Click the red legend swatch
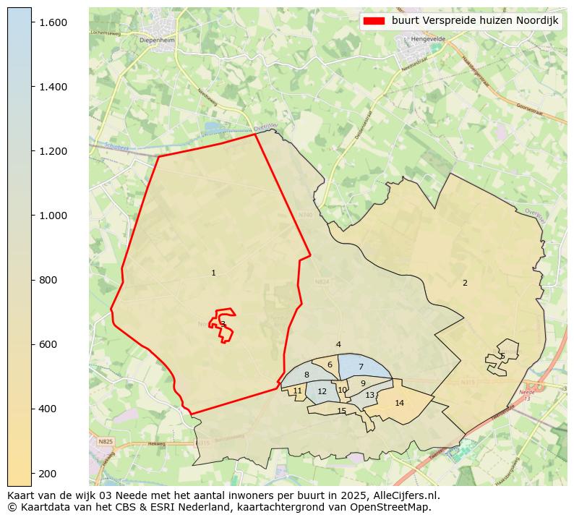[374, 21]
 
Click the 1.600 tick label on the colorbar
[53, 22]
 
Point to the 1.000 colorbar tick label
[53, 216]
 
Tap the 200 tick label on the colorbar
[48, 473]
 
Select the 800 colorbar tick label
[48, 280]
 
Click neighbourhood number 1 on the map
[213, 273]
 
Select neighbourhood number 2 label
[465, 283]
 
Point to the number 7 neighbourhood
[361, 367]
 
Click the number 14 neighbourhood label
[399, 403]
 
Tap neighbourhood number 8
[307, 375]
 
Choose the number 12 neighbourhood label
[322, 392]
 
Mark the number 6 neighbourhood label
[330, 365]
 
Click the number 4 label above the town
[338, 345]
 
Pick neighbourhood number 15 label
[342, 412]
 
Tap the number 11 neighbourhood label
[297, 391]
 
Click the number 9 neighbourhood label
[363, 383]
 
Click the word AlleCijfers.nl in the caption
[406, 495]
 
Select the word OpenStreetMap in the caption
[397, 507]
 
